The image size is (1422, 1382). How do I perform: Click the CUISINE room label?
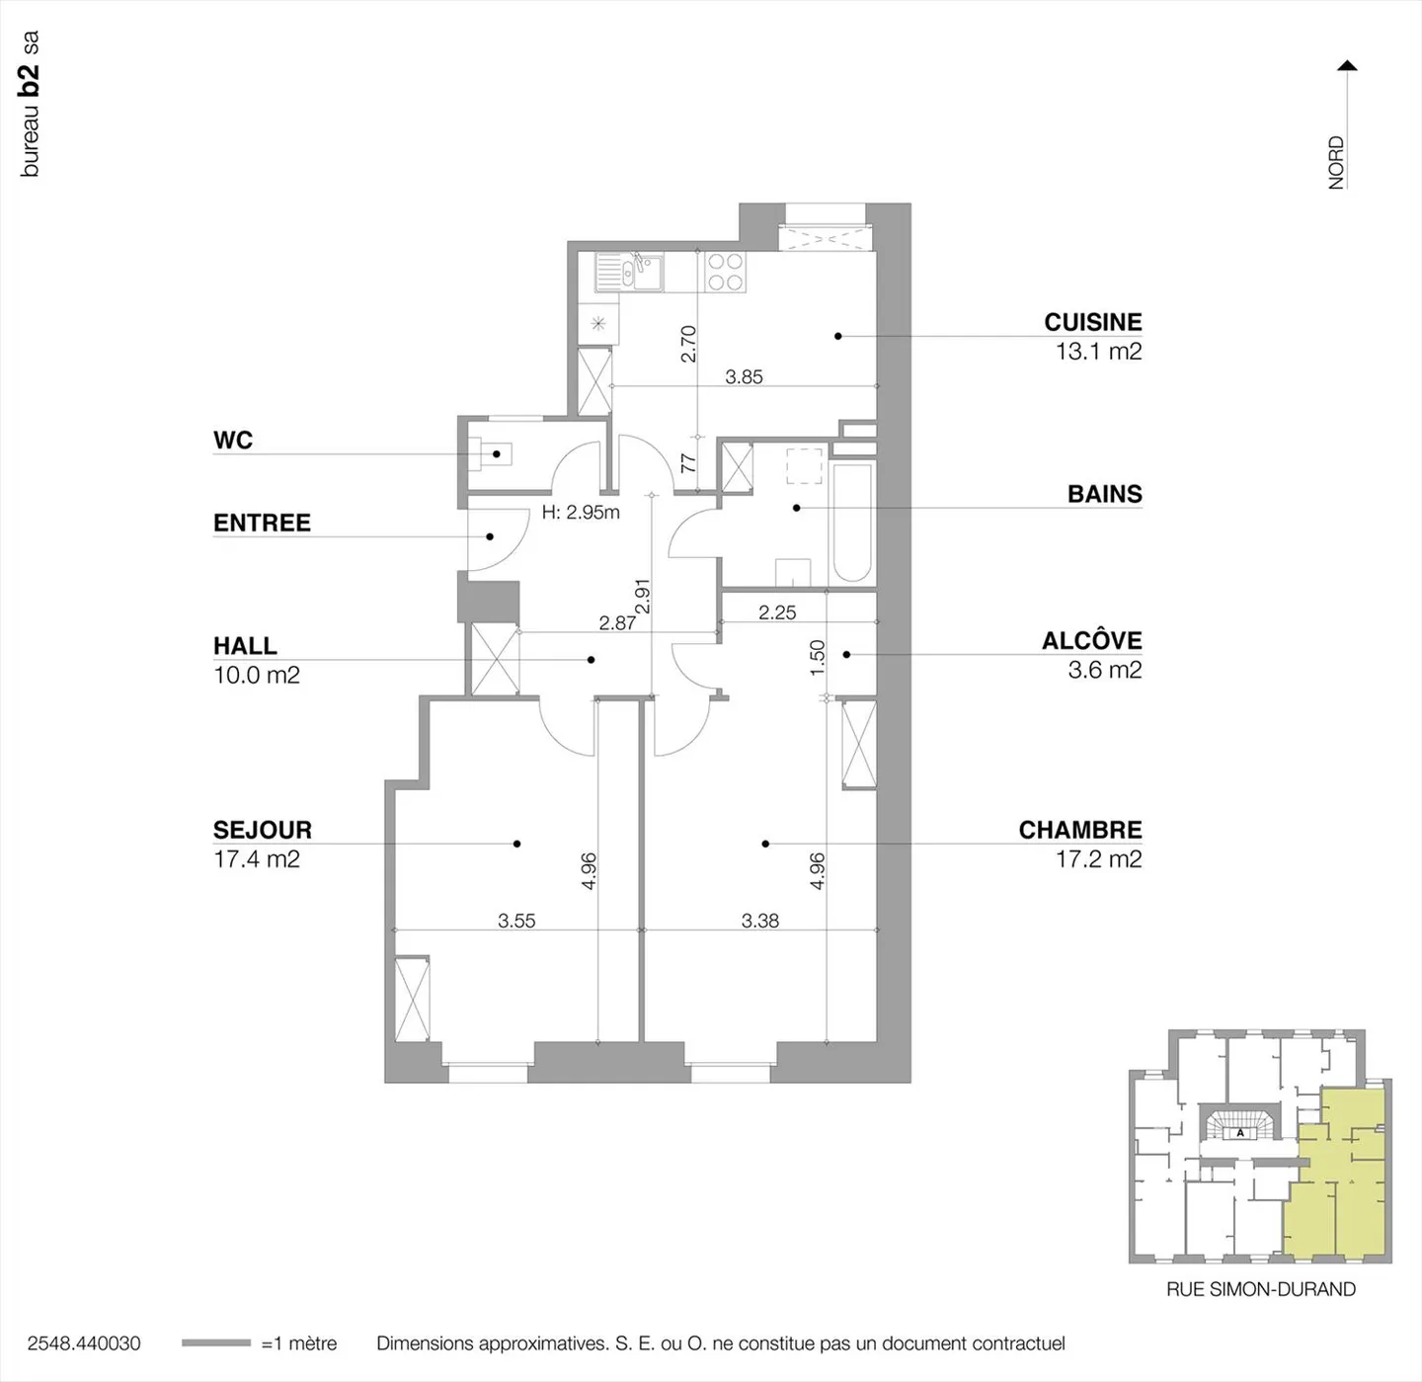click(1092, 322)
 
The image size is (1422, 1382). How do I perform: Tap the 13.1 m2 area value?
click(1098, 352)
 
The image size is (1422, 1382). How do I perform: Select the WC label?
click(233, 441)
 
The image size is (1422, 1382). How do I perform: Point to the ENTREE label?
click(262, 523)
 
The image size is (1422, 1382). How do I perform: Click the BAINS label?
click(1104, 494)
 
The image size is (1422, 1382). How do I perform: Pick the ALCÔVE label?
click(1091, 641)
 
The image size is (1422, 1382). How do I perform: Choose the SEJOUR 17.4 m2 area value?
click(257, 859)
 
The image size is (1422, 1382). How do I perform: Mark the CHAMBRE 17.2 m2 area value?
click(1098, 859)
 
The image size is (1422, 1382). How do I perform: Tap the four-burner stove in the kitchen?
click(725, 272)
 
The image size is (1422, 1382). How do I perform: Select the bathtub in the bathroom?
click(852, 524)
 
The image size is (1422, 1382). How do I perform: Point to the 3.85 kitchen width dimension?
click(744, 376)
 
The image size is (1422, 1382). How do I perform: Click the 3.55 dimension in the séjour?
click(516, 921)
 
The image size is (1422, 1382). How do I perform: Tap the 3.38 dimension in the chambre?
click(759, 921)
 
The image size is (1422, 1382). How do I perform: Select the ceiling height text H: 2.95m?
click(581, 512)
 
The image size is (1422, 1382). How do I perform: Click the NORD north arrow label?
click(1336, 162)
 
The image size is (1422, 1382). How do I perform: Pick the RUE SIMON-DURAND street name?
click(1260, 1289)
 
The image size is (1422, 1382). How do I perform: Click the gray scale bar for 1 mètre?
click(216, 1343)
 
